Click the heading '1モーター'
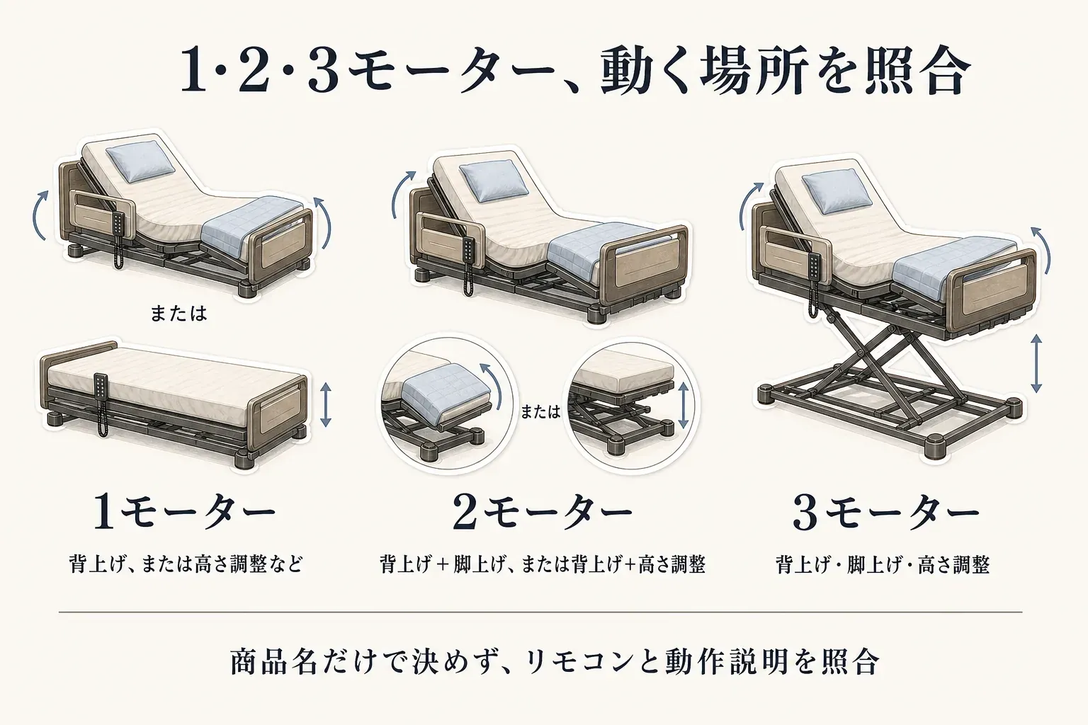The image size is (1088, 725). pyautogui.click(x=185, y=513)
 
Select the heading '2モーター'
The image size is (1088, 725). pyautogui.click(x=543, y=513)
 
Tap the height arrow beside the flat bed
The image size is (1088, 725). pyautogui.click(x=325, y=404)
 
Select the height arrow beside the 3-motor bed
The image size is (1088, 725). pyautogui.click(x=1036, y=363)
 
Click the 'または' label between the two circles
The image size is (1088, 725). pyautogui.click(x=540, y=412)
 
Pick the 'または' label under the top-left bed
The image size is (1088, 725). pyautogui.click(x=178, y=313)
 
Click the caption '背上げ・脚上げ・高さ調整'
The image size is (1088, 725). pyautogui.click(x=882, y=565)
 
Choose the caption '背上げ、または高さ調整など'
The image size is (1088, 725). pyautogui.click(x=186, y=565)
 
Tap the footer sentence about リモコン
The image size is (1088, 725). pyautogui.click(x=554, y=661)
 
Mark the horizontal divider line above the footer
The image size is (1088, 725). pyautogui.click(x=540, y=612)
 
